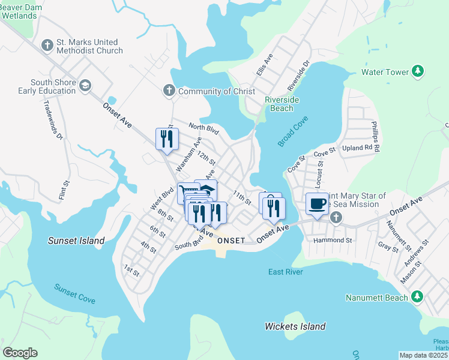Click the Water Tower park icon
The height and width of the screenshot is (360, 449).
(x=418, y=72)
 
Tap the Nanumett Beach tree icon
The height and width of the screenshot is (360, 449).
(x=418, y=297)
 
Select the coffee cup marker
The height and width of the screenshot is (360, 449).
(x=317, y=203)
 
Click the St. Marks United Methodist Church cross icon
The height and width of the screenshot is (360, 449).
(x=47, y=46)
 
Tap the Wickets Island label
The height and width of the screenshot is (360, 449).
(x=295, y=326)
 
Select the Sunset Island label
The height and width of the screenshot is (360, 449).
(x=76, y=241)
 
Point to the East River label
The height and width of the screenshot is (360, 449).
(x=285, y=272)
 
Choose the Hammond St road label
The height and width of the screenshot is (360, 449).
(x=333, y=240)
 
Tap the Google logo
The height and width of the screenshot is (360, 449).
(x=20, y=353)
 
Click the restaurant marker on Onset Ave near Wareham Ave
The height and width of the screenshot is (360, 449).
(x=165, y=139)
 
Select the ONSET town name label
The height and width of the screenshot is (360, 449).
(x=231, y=240)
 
